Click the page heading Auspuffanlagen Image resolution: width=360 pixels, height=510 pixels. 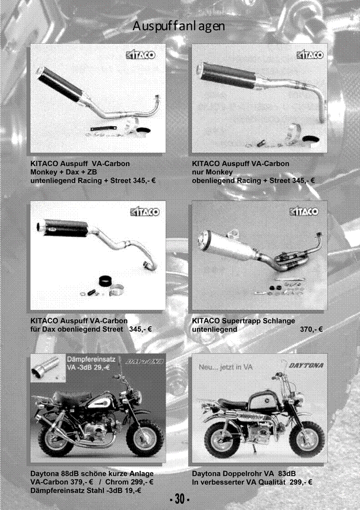(x=179, y=26)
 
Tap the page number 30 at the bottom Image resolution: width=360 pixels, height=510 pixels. (x=180, y=499)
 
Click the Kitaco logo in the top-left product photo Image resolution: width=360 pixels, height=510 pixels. (x=141, y=55)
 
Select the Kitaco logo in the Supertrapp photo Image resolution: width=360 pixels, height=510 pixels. (x=304, y=212)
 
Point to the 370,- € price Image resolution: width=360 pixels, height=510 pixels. (x=311, y=329)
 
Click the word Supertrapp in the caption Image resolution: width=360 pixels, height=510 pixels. (x=241, y=321)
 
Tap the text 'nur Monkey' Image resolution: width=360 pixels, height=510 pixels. (x=212, y=172)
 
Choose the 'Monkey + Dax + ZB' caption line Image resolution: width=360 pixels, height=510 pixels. (x=64, y=172)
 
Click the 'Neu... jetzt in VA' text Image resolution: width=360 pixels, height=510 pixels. (x=226, y=367)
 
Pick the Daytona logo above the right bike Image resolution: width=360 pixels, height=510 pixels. (x=306, y=365)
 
